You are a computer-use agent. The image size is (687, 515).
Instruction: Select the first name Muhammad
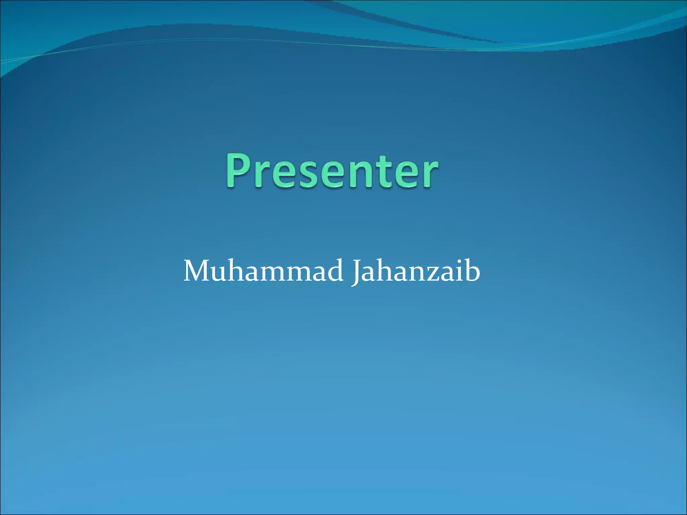(x=263, y=271)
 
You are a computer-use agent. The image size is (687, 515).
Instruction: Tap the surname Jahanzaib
(x=416, y=271)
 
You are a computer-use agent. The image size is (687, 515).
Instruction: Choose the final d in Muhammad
(x=334, y=271)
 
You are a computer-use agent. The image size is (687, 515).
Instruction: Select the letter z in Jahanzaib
(x=438, y=274)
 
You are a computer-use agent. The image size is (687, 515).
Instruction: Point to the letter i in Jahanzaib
(x=463, y=271)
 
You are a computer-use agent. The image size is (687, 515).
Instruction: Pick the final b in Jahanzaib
(x=473, y=271)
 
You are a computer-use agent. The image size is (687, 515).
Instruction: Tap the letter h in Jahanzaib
(x=389, y=271)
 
